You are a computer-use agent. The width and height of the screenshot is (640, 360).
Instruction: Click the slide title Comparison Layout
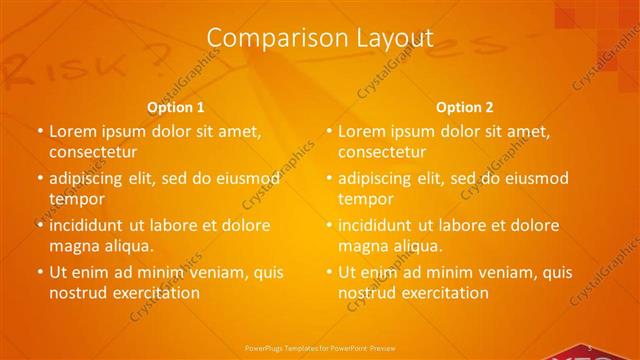click(x=320, y=38)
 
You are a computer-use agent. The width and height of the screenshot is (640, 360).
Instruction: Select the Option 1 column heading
click(x=176, y=107)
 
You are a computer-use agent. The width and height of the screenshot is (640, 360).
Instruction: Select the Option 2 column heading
click(x=465, y=107)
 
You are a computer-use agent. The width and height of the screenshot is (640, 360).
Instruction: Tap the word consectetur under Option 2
click(x=381, y=152)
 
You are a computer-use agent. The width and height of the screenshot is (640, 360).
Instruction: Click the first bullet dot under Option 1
click(x=40, y=132)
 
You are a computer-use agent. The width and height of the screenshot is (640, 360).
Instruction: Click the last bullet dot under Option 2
click(x=329, y=272)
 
